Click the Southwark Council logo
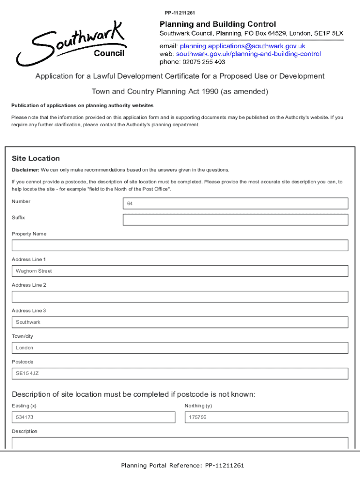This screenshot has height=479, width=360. [70, 44]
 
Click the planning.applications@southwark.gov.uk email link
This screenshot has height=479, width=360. [242, 46]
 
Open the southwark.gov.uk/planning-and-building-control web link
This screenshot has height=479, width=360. [248, 54]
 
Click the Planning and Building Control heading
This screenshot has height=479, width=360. [218, 24]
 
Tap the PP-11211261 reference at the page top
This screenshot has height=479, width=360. [180, 13]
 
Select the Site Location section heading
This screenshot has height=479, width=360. [36, 159]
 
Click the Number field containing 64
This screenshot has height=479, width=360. [235, 203]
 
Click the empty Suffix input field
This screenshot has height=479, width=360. [235, 220]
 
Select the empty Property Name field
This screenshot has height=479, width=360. [180, 246]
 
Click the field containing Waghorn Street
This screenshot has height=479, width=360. [180, 271]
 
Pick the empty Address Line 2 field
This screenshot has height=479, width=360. [180, 297]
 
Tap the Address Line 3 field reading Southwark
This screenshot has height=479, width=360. [180, 322]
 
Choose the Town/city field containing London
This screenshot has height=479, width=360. [180, 348]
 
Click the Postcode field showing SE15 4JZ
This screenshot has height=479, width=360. [180, 373]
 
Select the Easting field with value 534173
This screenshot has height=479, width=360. [93, 417]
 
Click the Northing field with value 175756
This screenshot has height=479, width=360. [266, 417]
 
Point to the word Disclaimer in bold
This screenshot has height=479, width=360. [25, 170]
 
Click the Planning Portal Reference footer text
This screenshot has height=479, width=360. [182, 465]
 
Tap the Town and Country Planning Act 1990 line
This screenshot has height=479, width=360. [180, 92]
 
